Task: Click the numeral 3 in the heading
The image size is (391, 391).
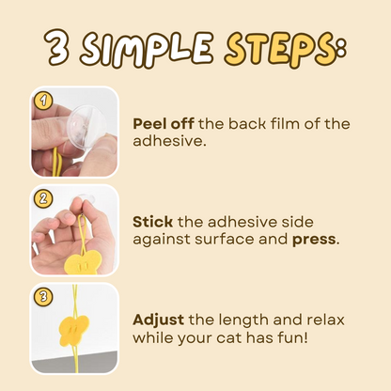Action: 57,48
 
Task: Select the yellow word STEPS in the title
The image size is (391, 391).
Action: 282,49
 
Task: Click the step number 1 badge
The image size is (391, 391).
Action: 43,101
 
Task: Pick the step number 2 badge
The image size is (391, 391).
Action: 43,198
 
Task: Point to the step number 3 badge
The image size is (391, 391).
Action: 43,296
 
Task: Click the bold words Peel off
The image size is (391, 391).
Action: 164,124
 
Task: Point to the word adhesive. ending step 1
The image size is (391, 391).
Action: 169,141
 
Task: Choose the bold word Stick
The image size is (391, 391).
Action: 152,222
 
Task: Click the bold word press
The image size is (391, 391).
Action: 314,240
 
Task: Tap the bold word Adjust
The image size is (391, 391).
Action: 158,321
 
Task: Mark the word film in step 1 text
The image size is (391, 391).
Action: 284,123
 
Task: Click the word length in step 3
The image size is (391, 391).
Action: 242,321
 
